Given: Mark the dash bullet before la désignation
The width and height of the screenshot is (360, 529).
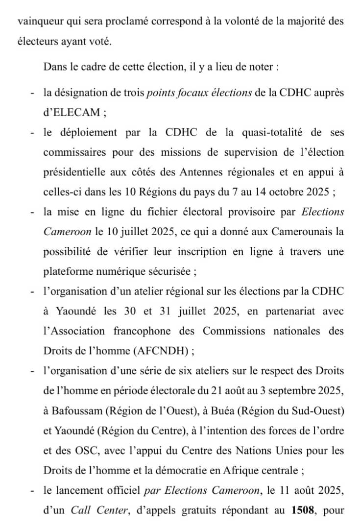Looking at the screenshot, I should click(32, 93).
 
